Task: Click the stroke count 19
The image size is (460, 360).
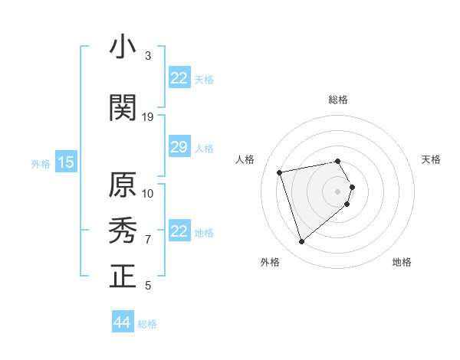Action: point(148,117)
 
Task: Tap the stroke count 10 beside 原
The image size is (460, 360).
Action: point(148,193)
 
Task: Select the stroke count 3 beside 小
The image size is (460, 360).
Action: point(148,56)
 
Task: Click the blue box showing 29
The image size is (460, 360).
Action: point(179,147)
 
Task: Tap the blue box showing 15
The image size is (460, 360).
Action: point(65,162)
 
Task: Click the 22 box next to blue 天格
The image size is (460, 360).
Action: point(179,78)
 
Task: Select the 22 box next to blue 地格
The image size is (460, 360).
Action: point(179,231)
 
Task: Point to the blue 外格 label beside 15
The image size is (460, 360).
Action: point(40,163)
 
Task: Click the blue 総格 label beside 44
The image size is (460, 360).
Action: point(147,324)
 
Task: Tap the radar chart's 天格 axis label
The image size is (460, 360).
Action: point(431,159)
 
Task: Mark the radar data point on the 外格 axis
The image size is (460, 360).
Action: point(301,242)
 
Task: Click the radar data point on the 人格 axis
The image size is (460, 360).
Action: point(280,172)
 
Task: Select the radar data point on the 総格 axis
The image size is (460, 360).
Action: point(337,161)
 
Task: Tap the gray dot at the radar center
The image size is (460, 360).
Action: point(337,191)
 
